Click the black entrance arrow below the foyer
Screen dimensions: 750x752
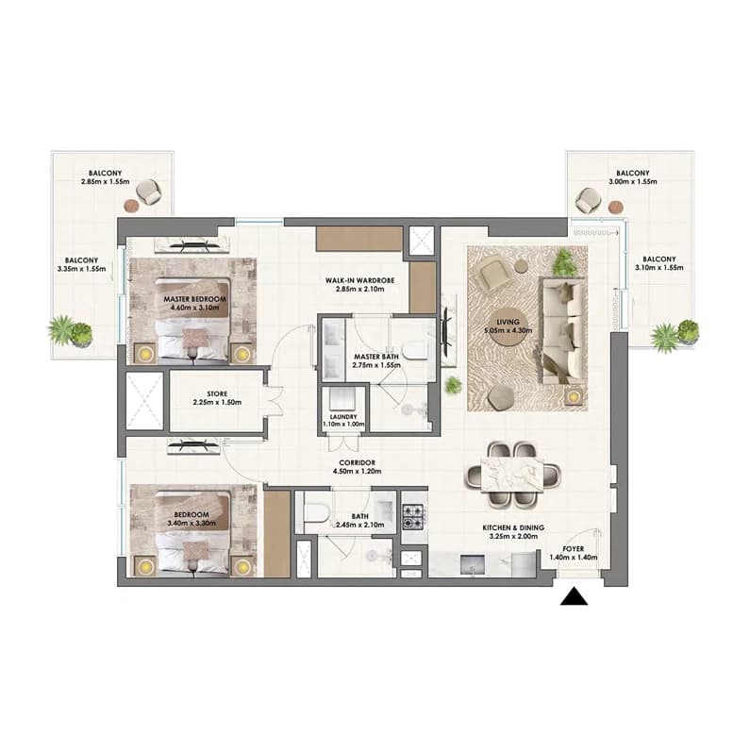click(x=574, y=597)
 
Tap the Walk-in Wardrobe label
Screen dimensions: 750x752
click(x=359, y=280)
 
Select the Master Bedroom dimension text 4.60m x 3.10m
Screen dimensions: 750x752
click(x=194, y=308)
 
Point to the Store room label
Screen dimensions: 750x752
click(x=217, y=393)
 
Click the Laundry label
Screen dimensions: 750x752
click(x=343, y=417)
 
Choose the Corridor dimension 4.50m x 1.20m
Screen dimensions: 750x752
click(x=358, y=472)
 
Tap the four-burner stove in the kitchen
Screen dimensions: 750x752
click(x=413, y=516)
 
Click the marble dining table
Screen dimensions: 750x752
click(x=512, y=475)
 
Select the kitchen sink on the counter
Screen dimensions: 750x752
click(x=472, y=564)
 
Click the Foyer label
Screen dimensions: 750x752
click(x=574, y=548)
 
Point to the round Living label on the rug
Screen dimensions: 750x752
click(x=508, y=326)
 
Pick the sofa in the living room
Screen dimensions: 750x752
click(x=563, y=330)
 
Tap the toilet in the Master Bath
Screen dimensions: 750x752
click(x=415, y=350)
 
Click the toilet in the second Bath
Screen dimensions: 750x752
click(x=316, y=513)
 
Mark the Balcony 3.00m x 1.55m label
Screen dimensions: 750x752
click(x=633, y=177)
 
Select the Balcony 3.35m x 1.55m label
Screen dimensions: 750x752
click(x=81, y=265)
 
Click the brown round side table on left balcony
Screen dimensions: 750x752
click(x=131, y=207)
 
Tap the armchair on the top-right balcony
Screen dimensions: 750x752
click(x=587, y=200)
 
